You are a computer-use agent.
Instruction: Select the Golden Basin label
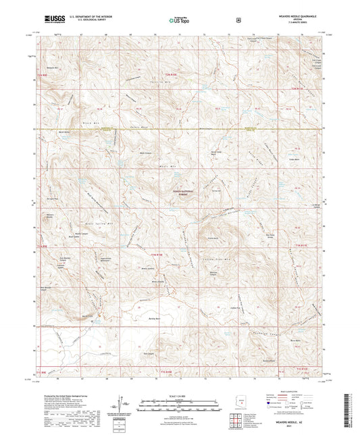(293, 160)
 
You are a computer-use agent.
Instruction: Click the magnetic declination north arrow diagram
(122, 403)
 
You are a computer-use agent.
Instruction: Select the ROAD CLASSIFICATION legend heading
(291, 392)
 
